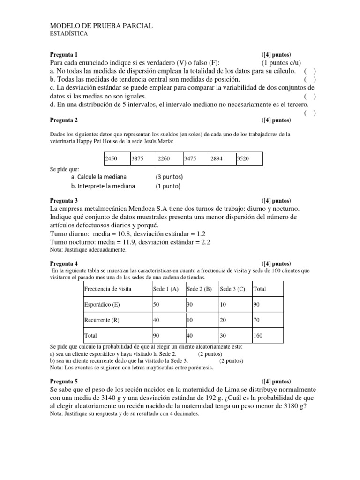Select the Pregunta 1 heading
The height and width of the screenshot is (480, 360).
(65, 55)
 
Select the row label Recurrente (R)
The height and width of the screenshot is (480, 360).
(101, 320)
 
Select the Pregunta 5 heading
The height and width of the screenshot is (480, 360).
(65, 381)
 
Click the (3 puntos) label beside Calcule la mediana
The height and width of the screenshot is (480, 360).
(169, 177)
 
